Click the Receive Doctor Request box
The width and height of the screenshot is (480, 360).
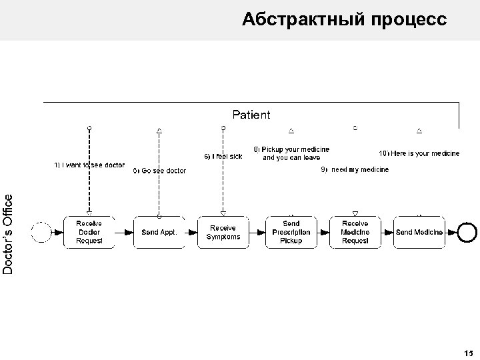tap(89, 232)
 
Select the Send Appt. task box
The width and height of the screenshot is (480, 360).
tap(159, 232)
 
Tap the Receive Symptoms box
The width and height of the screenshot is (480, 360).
tap(223, 232)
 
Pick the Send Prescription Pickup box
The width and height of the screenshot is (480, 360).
tap(291, 232)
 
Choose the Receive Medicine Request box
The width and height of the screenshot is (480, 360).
tap(355, 232)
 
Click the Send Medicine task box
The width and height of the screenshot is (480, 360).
tap(419, 232)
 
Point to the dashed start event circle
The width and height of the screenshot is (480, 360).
tap(41, 232)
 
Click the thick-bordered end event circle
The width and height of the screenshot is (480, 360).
tap(468, 231)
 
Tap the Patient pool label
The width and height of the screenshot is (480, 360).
tap(251, 115)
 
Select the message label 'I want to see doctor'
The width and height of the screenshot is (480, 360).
tap(89, 165)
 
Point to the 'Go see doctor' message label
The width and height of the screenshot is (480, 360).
tap(160, 171)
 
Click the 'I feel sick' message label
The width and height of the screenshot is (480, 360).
tap(223, 156)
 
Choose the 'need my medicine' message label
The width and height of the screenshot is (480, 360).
tap(355, 170)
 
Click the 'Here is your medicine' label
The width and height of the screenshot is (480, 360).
tap(419, 153)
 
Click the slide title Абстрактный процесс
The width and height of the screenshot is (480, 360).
tap(345, 19)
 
